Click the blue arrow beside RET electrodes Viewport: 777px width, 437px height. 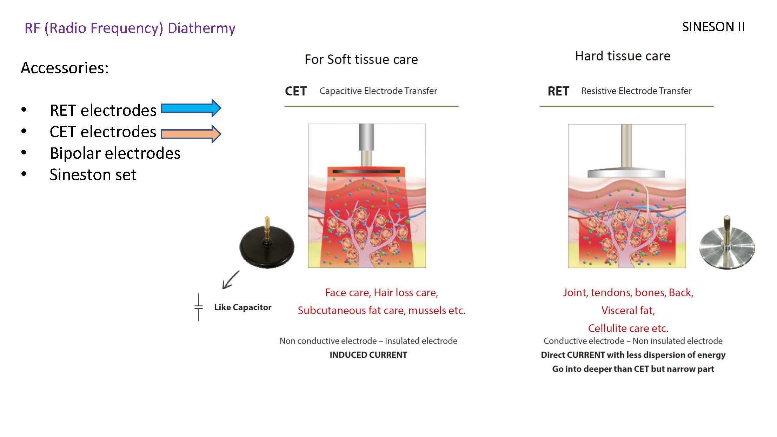coord(191,108)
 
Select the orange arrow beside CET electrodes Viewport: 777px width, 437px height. coord(191,134)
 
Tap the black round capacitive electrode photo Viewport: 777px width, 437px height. coord(267,246)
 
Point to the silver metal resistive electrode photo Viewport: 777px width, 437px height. coord(727,246)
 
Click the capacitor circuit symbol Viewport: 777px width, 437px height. coord(199,307)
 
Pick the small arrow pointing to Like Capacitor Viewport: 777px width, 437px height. coord(230,280)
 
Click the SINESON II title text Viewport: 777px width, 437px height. coord(713,27)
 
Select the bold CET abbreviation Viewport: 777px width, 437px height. coord(295,91)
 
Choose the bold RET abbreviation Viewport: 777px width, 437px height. coord(558,91)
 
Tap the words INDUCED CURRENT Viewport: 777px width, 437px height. coord(368,355)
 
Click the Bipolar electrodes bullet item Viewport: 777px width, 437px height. coord(115,153)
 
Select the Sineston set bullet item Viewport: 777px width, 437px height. coord(93,175)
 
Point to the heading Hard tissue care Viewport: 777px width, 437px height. coord(623,56)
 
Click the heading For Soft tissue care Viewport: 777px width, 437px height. coord(361,60)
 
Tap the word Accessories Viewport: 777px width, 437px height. coord(65,68)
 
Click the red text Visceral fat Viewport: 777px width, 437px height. coord(628,310)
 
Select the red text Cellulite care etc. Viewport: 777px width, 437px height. coord(628,328)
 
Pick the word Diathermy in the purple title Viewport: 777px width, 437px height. coord(201,28)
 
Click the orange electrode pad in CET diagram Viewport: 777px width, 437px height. coord(366,172)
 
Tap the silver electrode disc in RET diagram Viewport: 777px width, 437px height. coord(626,173)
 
